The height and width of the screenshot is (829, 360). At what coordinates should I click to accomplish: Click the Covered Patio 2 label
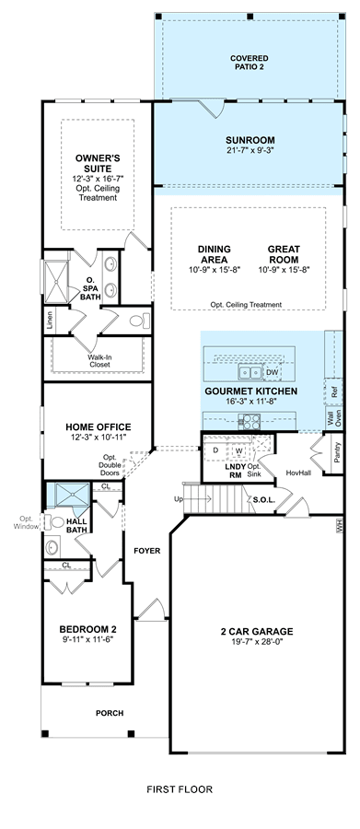click(249, 63)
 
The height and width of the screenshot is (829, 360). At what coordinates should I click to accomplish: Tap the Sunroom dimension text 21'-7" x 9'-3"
click(250, 150)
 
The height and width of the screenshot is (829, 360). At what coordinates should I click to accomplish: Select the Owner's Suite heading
click(98, 163)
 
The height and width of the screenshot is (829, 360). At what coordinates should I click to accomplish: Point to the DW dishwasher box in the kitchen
click(273, 373)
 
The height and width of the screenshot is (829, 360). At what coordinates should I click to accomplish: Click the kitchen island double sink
click(250, 373)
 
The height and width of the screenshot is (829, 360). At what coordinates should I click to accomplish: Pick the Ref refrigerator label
click(333, 391)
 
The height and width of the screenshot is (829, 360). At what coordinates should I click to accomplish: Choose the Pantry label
click(337, 453)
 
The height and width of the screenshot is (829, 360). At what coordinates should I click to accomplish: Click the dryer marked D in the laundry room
click(215, 450)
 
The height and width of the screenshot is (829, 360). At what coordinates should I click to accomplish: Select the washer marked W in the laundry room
click(239, 450)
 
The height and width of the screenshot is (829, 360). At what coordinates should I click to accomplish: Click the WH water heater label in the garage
click(339, 526)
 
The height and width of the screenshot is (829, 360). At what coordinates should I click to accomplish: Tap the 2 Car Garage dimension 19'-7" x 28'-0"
click(257, 642)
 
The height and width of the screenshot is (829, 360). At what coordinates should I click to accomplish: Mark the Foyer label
click(147, 551)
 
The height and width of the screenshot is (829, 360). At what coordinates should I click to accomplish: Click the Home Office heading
click(99, 426)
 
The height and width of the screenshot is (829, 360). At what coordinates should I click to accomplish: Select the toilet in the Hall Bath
click(55, 522)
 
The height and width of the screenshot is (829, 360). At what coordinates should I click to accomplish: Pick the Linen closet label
click(50, 321)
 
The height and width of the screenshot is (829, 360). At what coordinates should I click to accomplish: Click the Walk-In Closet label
click(100, 360)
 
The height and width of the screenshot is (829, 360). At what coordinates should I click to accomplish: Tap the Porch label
click(110, 713)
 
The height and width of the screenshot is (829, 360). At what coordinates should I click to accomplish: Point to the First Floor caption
click(180, 789)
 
